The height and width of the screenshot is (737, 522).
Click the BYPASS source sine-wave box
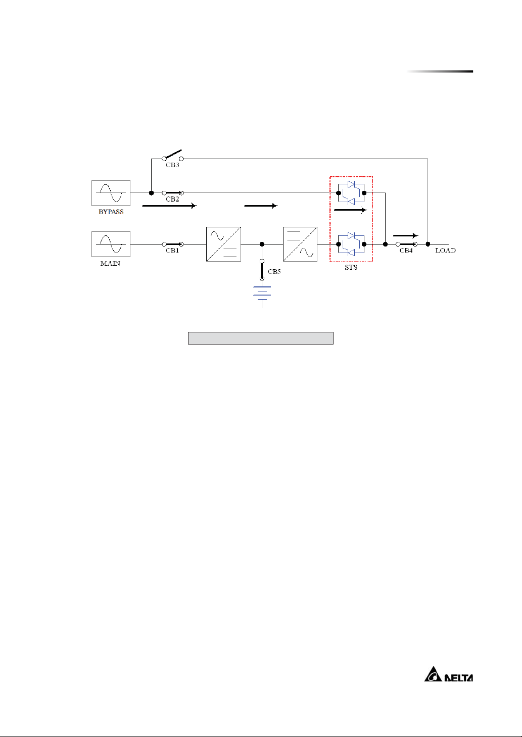(111, 193)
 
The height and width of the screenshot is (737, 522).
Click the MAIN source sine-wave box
(111, 244)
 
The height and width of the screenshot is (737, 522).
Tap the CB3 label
(172, 165)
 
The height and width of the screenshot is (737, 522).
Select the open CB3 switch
(173, 155)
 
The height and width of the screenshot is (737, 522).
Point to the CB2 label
(172, 199)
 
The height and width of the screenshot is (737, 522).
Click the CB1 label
(172, 251)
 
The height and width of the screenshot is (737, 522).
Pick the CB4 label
(406, 251)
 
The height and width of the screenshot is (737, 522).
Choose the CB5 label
(274, 271)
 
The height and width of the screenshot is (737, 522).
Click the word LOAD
(446, 251)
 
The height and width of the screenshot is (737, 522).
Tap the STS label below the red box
(351, 268)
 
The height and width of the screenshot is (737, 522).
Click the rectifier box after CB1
(223, 244)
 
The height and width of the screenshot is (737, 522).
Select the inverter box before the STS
(300, 244)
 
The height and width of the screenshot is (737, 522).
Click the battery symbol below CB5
(262, 296)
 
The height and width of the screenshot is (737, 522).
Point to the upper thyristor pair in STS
(351, 193)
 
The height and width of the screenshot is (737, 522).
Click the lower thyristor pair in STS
(351, 244)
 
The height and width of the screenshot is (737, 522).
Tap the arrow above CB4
(406, 235)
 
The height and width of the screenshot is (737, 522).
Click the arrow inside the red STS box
(351, 210)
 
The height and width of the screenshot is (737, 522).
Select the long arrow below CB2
(169, 206)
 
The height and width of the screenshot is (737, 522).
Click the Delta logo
(449, 674)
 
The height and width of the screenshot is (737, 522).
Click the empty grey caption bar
(261, 338)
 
